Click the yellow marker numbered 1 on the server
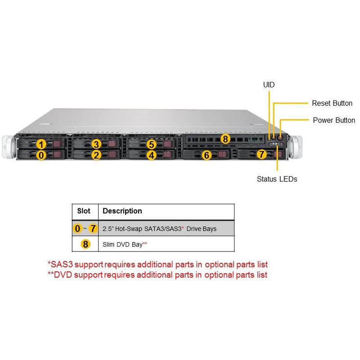41,144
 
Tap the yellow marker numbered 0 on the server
41,155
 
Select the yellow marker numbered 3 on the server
96,144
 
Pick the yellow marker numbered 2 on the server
96,155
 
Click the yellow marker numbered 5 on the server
152,144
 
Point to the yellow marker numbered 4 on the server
152,155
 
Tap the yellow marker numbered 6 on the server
207,155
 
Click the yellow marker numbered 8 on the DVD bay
225,139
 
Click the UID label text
269,85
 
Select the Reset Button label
332,103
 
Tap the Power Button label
333,120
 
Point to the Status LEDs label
277,179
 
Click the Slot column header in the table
84,211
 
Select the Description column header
122,211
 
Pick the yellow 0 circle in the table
78,229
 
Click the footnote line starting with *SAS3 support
161,265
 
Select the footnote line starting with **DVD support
157,274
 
